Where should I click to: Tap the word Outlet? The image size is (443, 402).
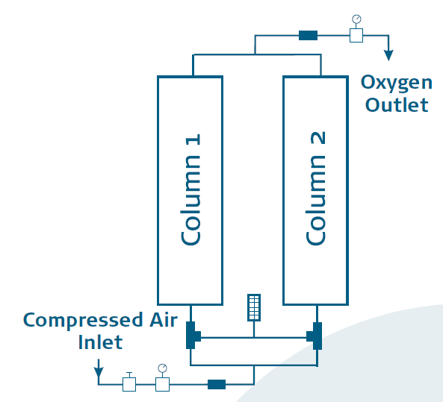[397, 104]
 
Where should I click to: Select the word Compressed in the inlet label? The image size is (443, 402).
[83, 321]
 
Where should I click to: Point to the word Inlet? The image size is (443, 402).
[100, 342]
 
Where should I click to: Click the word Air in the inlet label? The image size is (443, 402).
[164, 320]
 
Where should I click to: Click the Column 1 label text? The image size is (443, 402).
[190, 189]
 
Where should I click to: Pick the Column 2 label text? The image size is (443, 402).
[316, 189]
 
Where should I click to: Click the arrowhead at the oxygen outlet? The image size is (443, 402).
[388, 55]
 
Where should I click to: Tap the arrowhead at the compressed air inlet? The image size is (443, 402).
[99, 372]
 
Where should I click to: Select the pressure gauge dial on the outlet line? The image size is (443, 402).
[356, 19]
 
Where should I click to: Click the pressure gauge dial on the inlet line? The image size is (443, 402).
[162, 368]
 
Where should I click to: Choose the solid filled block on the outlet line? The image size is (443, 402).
[309, 36]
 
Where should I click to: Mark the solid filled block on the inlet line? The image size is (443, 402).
[217, 384]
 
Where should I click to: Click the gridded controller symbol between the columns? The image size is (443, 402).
[254, 307]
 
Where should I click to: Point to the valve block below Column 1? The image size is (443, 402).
[193, 336]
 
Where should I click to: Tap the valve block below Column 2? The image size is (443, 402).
[315, 336]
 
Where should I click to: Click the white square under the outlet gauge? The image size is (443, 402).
[356, 36]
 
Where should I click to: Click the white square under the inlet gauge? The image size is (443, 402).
[162, 384]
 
